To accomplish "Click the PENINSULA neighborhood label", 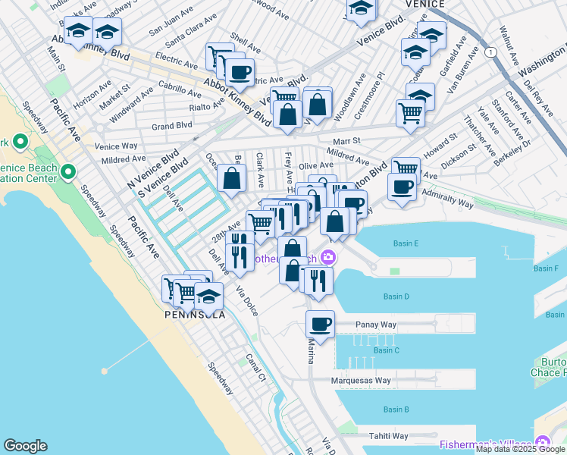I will [x=196, y=314].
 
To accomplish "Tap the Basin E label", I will [x=406, y=243].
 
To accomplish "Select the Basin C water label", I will [x=386, y=350].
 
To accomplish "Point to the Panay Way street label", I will [x=376, y=325].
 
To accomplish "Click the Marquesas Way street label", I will [x=361, y=381].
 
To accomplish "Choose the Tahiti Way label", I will [x=388, y=436].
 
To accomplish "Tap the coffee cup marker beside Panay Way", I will [x=320, y=325].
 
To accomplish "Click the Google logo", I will [x=25, y=446].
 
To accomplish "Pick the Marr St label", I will [x=346, y=141].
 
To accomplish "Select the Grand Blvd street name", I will [x=171, y=126].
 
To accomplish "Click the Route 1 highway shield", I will [x=492, y=52].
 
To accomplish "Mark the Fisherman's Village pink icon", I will [x=543, y=443].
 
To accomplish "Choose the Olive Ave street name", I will [x=315, y=165].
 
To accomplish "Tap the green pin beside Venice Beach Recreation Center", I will [x=69, y=172].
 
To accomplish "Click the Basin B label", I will [x=396, y=409].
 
